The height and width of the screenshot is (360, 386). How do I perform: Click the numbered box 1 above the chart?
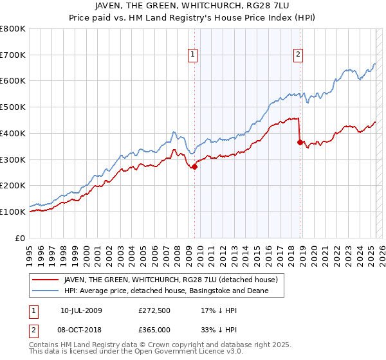194,55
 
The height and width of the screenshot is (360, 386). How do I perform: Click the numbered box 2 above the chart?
299,55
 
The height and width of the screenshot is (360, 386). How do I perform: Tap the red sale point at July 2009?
194,166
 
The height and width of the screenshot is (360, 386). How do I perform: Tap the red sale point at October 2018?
300,142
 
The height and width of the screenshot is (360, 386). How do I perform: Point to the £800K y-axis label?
13,29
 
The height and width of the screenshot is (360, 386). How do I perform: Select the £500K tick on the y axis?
13,107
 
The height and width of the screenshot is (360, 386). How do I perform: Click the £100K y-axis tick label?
13,212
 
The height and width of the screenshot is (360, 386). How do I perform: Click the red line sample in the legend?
46,280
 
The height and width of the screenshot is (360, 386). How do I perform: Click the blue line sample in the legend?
46,291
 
